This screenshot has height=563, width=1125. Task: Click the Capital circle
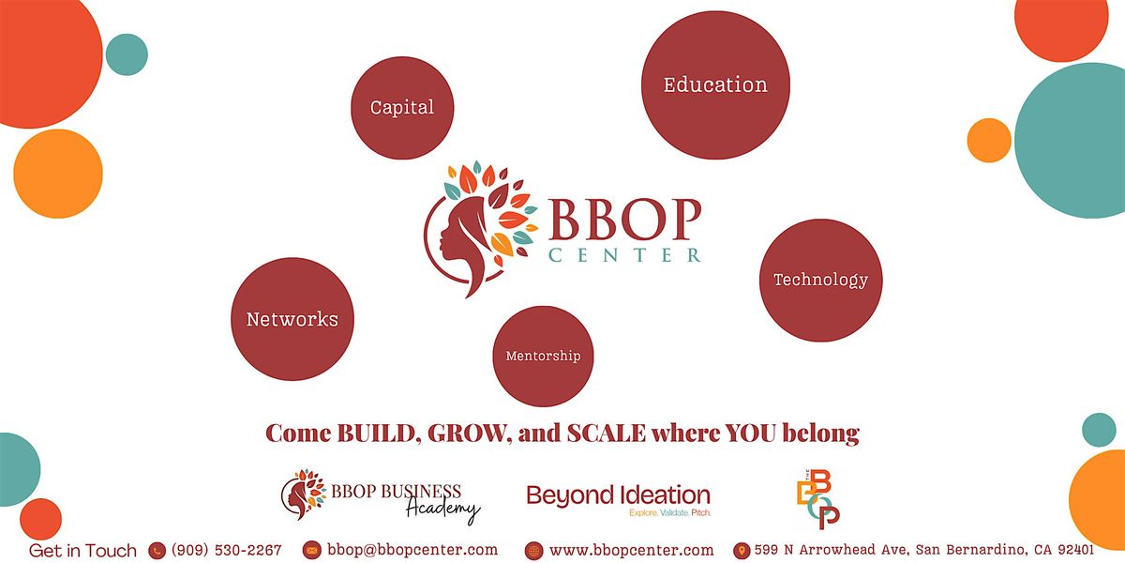pos(402,108)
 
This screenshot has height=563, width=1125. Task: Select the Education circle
pos(715,85)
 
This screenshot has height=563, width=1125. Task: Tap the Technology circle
pos(820,280)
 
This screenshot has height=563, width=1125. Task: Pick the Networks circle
pos(292,319)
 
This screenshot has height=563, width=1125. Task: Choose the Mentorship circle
pos(543,356)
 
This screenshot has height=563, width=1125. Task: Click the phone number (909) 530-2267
pos(226,550)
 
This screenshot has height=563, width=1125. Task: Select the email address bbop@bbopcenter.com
pos(412,550)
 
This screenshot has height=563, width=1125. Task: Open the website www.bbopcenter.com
pos(631,550)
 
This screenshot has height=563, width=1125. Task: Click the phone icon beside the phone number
pos(157,551)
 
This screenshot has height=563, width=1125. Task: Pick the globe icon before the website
pos(534,551)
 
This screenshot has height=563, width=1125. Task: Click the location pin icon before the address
pos(741,551)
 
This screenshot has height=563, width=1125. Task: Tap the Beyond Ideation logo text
pos(618,495)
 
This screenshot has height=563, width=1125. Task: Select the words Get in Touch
pos(82,551)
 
